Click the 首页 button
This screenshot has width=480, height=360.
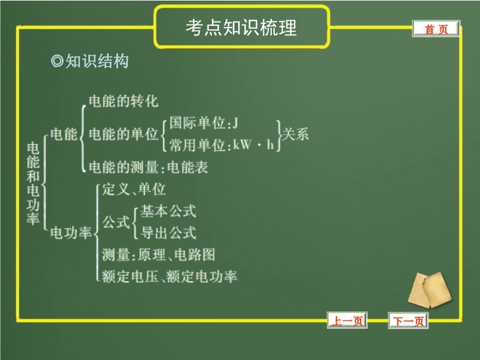tap(436, 29)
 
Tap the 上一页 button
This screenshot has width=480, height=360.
tap(347, 320)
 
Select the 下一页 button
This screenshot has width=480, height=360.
tap(409, 321)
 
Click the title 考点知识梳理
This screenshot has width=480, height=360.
tap(241, 28)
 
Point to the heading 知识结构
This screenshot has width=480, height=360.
tap(97, 61)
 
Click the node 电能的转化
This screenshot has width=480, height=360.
tap(124, 101)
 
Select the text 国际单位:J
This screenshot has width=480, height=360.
tap(203, 123)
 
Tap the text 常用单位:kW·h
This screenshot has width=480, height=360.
tap(221, 145)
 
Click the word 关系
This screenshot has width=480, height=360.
tap(295, 134)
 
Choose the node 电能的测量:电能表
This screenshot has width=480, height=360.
tap(148, 167)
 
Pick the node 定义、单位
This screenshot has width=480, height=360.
tap(134, 189)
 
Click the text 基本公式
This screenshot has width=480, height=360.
tap(168, 211)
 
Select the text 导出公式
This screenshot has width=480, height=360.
tap(168, 233)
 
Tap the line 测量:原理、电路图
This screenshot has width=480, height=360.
tap(158, 254)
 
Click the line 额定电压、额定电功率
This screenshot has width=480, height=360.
tap(169, 277)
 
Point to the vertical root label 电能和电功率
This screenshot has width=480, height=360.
tap(33, 184)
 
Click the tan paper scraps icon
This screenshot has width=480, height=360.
tap(430, 290)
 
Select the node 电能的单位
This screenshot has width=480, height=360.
tap(124, 134)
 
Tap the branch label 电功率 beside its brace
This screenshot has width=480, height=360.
tap(71, 233)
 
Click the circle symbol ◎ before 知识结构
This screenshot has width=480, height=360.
tap(57, 61)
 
